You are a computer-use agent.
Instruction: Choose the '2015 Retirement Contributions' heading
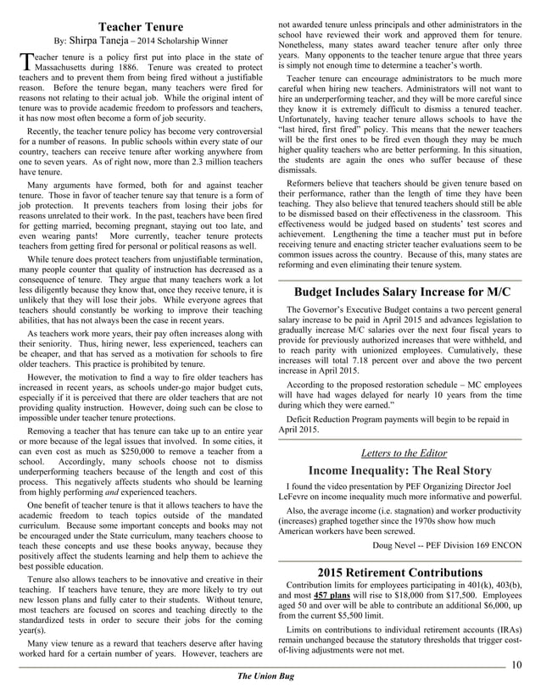[x=400, y=572]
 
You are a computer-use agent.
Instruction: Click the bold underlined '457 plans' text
[x=326, y=596]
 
